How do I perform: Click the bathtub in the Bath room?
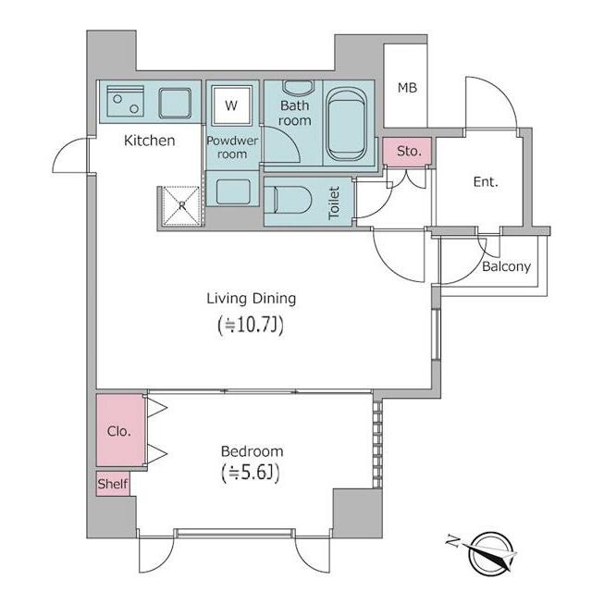(x=346, y=124)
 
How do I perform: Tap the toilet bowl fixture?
(x=288, y=200)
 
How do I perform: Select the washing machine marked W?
(x=231, y=105)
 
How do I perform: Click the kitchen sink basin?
(x=175, y=103)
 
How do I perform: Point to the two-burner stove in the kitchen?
(x=126, y=101)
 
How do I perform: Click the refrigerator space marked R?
(x=182, y=205)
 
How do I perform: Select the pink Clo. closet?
(x=120, y=430)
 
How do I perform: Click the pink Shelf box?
(x=113, y=484)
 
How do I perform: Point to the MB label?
(x=407, y=88)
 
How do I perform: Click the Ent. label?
(x=486, y=182)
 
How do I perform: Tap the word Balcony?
(x=506, y=266)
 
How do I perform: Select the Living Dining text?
(x=251, y=299)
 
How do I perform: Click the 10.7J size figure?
(x=251, y=326)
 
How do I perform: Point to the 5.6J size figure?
(x=251, y=473)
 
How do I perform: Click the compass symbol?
(x=487, y=554)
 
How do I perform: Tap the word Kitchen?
(x=150, y=141)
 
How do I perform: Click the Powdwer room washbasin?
(x=233, y=192)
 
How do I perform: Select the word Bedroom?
(x=252, y=451)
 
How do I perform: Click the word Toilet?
(x=334, y=203)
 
